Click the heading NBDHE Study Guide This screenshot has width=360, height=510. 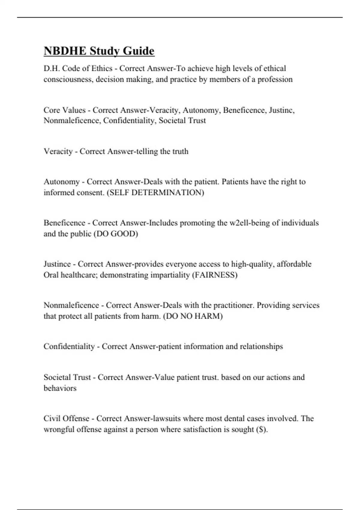(x=99, y=51)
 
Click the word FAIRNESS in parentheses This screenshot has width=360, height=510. (x=214, y=275)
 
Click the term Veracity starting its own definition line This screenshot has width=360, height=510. (x=58, y=151)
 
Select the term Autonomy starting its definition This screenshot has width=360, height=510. (x=61, y=182)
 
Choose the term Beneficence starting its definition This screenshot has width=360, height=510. (x=64, y=223)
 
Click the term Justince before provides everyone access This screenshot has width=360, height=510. (x=57, y=264)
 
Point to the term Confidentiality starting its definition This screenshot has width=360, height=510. (x=69, y=346)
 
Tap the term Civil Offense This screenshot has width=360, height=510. (x=67, y=418)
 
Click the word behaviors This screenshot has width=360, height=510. (x=60, y=388)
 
